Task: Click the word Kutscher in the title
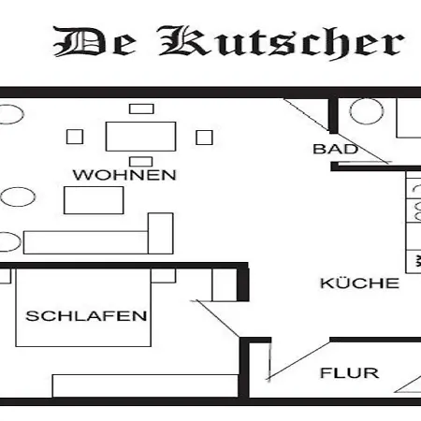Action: tap(282, 42)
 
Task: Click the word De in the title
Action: tap(94, 41)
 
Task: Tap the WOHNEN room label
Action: tap(124, 175)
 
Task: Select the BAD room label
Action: tap(335, 149)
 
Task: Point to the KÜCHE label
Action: tap(359, 283)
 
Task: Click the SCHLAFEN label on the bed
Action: tap(86, 316)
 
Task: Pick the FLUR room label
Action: tap(349, 373)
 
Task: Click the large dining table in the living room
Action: tap(140, 137)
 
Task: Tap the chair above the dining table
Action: tap(141, 109)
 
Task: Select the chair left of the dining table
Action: tap(75, 137)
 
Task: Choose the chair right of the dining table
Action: tap(204, 138)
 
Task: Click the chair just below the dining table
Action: tap(141, 162)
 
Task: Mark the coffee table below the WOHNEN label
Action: tap(94, 200)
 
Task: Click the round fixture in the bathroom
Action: tap(367, 111)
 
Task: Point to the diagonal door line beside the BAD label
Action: tap(337, 131)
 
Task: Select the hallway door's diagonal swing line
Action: tap(298, 361)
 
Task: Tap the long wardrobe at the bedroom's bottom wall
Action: tap(145, 385)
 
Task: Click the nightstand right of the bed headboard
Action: tap(164, 276)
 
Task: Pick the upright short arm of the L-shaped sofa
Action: tap(161, 233)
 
